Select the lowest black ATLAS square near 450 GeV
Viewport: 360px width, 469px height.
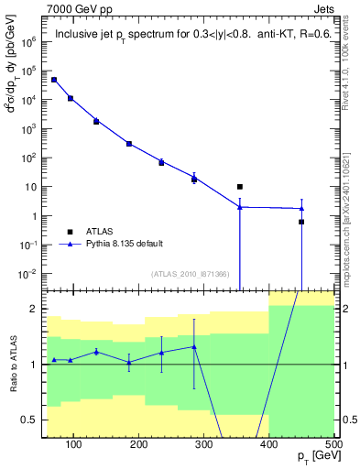301,222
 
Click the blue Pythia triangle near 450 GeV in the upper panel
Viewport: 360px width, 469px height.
301,208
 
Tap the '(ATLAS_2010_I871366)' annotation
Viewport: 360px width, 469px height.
189,274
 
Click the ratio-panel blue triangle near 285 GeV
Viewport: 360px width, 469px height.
194,346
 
